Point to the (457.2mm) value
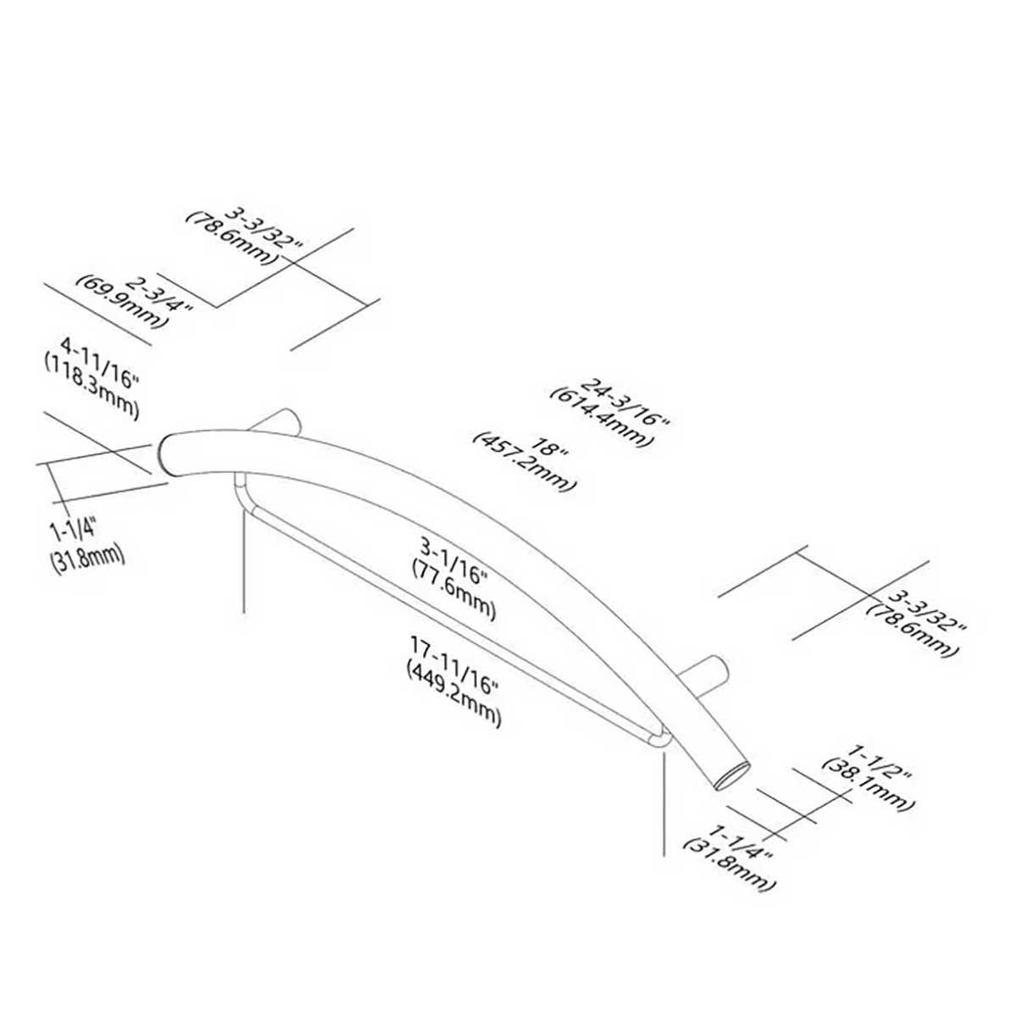526,462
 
